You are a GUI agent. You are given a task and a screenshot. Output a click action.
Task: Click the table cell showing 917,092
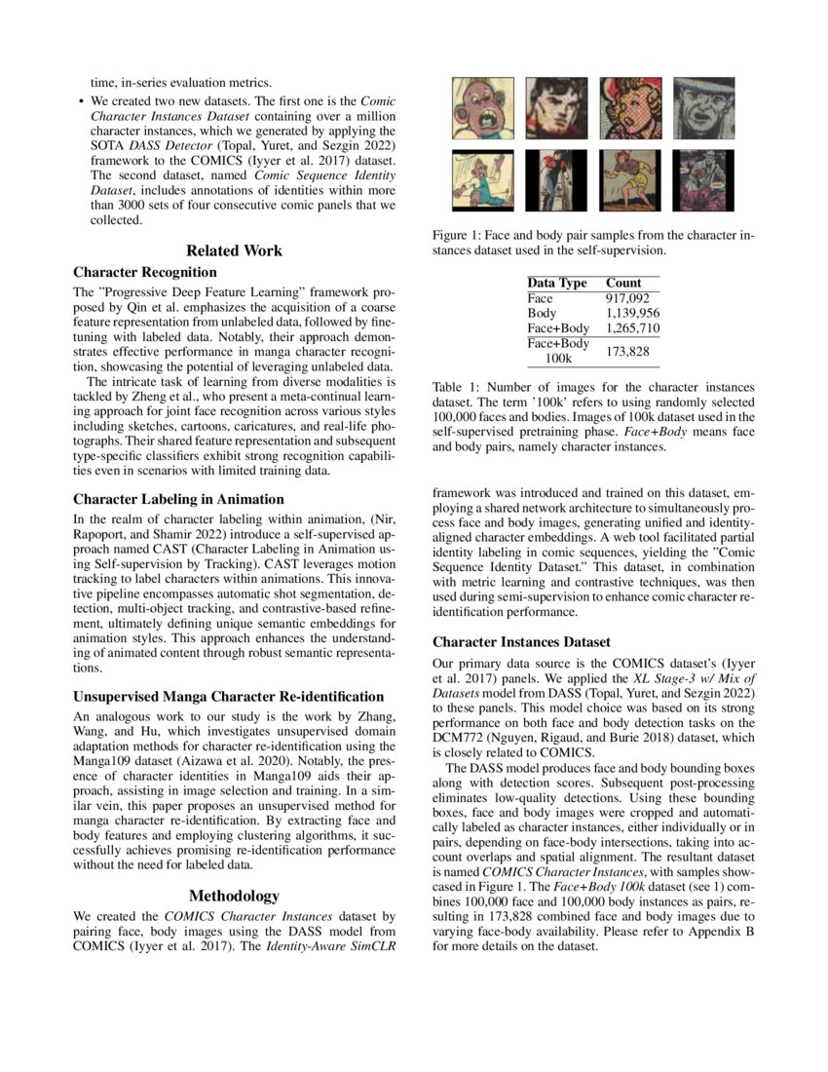626,298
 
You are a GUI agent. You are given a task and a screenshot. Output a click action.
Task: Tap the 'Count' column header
623,283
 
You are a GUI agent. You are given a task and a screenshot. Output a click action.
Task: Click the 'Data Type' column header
557,283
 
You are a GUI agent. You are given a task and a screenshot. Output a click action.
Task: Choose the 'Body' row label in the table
542,313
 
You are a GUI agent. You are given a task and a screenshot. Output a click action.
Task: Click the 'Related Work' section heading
234,250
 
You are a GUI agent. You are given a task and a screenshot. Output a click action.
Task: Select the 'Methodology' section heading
234,896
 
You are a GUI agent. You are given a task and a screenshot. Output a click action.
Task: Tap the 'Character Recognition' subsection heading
145,272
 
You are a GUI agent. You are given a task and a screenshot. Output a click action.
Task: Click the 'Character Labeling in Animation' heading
178,499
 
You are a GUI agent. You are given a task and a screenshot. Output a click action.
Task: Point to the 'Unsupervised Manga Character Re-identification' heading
228,697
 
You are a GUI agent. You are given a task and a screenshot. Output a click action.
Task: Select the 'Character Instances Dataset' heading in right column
521,642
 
